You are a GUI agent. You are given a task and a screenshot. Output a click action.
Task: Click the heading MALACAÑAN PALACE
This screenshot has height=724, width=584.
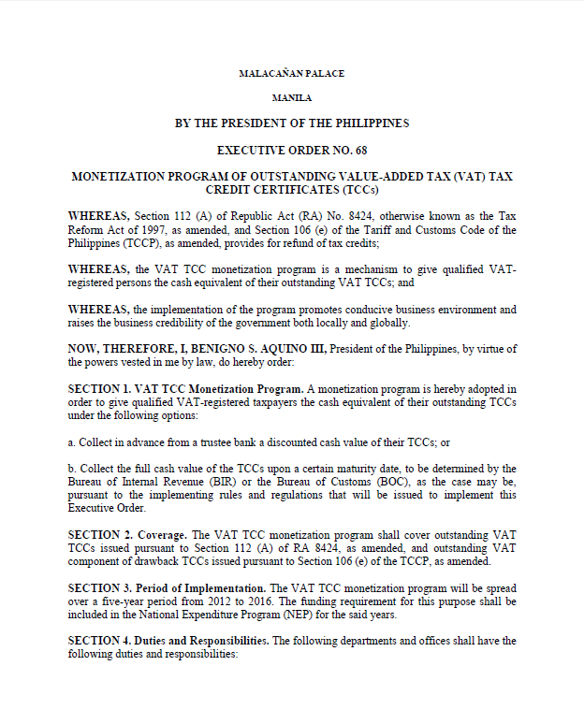click(291, 73)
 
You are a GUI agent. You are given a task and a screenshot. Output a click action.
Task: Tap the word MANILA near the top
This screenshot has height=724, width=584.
click(291, 97)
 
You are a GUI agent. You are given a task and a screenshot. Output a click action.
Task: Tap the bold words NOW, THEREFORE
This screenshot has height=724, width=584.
click(115, 349)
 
